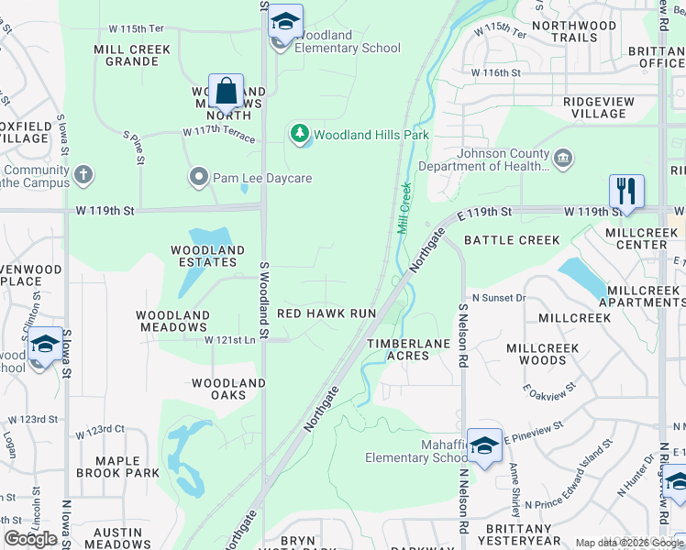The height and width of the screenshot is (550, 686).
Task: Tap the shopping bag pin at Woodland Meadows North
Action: point(226,92)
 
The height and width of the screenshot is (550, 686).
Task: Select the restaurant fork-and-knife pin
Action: point(626,192)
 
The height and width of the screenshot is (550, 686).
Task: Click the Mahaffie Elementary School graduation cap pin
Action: point(484,446)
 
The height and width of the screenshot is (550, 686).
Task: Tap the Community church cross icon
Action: point(83,174)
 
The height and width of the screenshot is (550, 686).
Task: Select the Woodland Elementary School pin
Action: point(285,23)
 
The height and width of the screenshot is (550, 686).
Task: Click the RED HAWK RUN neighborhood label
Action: point(326,313)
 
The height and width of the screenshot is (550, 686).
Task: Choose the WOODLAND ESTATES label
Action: point(208,256)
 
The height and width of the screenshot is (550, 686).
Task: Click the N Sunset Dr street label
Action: point(499,298)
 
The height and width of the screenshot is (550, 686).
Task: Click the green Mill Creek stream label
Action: point(404,208)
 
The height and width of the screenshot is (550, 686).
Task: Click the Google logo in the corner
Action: point(31,539)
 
